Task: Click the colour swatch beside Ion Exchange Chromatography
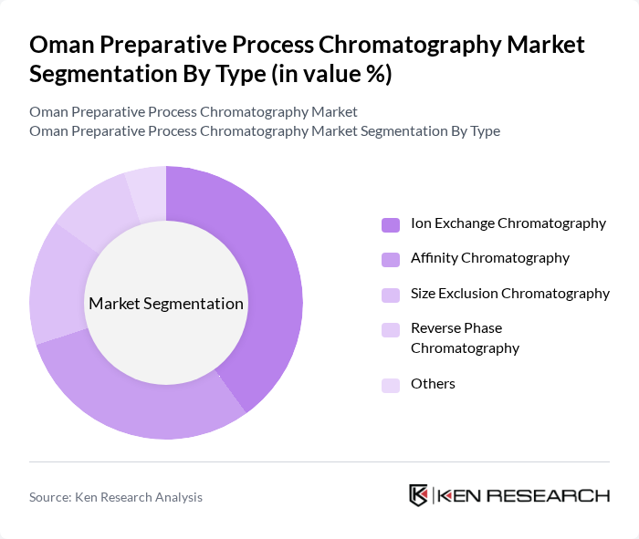coord(391,224)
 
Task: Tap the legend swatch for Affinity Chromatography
coord(391,259)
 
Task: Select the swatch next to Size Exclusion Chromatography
coord(391,295)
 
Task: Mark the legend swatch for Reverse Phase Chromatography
coord(391,329)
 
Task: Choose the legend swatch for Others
coord(391,385)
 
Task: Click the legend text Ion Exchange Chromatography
coord(508,223)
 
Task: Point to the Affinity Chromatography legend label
coord(490,258)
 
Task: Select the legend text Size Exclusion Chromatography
coord(510,294)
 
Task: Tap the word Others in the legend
coord(433,384)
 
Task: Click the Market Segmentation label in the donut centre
coord(166,304)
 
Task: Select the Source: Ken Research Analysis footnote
coord(116,497)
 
